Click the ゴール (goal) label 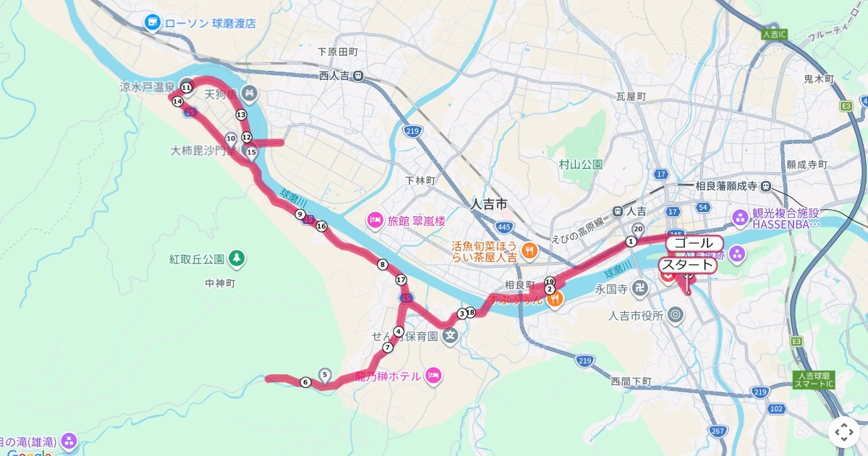694,243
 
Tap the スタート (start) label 687,265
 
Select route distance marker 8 383,265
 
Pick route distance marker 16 321,227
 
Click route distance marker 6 305,382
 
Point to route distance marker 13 241,115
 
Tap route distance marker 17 401,280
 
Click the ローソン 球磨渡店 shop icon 153,23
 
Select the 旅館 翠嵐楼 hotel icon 375,219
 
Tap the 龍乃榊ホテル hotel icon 433,375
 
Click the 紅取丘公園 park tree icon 237,258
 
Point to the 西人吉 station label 333,75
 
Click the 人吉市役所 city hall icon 676,314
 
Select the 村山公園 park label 580,164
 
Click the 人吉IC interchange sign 773,34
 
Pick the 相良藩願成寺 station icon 766,186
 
